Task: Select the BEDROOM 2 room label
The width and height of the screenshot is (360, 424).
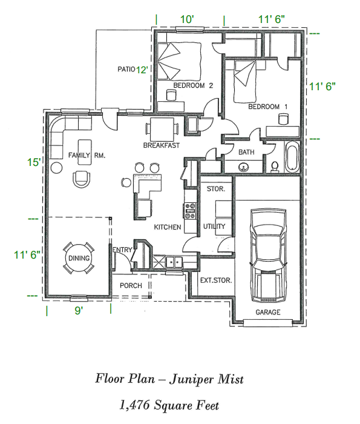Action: point(193,85)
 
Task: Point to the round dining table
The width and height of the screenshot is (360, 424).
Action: point(79,259)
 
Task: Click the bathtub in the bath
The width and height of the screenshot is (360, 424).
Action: point(292,156)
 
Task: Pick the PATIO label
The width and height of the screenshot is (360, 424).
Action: point(126,69)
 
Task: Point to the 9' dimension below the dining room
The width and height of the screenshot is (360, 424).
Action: point(79,310)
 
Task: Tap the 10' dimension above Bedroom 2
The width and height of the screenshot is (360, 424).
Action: point(188,19)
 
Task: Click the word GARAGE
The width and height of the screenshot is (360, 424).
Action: point(267,313)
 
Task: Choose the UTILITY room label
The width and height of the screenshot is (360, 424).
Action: point(214,227)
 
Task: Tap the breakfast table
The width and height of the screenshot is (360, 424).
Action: point(161,128)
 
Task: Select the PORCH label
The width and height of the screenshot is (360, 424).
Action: point(130,285)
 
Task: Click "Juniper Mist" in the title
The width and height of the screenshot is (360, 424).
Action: point(206,379)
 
